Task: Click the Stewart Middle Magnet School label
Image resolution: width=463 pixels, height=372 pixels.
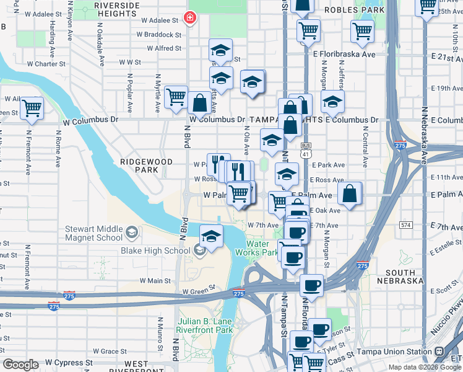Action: point(94,233)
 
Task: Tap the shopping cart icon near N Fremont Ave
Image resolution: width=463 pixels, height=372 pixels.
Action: point(31,108)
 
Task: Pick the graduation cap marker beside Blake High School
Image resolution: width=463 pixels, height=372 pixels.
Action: point(211,236)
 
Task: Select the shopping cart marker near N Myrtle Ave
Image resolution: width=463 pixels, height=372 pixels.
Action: point(176,97)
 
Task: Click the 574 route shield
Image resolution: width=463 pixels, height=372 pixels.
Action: point(405,224)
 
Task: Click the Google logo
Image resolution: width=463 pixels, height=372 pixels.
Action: point(20,365)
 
